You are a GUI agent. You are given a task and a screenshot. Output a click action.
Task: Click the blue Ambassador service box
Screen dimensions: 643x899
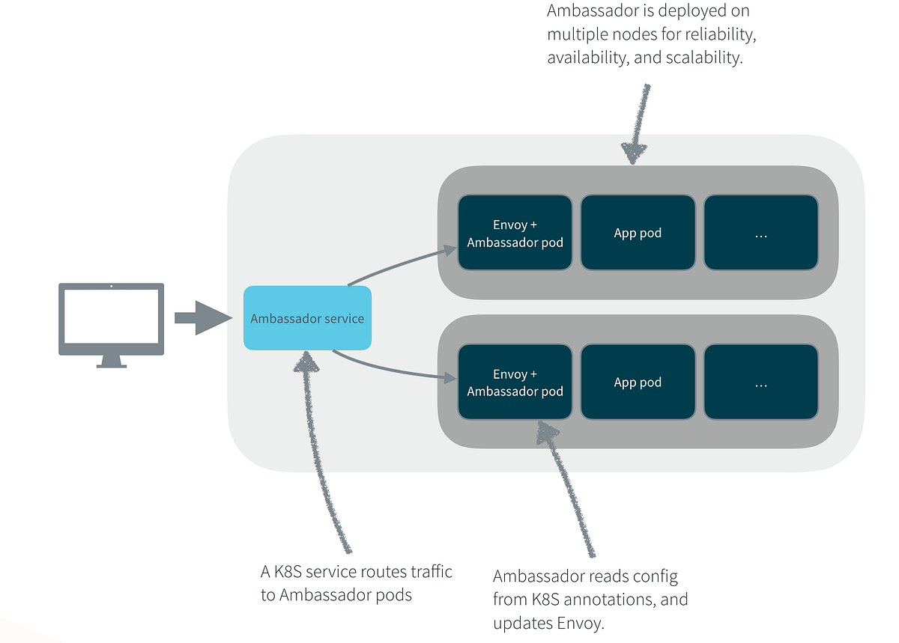307,318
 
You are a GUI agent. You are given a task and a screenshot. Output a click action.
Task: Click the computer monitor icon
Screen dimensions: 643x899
112,318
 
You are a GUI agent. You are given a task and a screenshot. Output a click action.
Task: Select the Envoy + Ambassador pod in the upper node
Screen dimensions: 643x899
515,233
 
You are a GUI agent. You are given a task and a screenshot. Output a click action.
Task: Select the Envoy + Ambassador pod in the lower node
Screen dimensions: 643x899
515,383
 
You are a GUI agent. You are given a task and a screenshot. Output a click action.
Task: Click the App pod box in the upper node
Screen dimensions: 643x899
638,233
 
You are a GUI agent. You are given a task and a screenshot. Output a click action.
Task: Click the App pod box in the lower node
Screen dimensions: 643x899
638,383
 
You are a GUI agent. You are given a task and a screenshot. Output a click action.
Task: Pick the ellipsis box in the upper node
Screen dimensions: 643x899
760,233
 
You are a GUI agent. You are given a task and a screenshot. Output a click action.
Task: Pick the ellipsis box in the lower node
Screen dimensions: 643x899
760,383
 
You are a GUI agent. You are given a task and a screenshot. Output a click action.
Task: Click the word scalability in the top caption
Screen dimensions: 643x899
703,58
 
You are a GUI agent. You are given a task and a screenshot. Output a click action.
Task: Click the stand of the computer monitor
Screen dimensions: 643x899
112,362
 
